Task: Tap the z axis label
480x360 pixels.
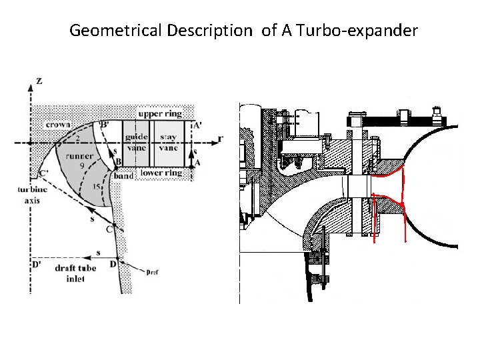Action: pyautogui.click(x=39, y=81)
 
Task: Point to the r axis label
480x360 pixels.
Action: pyautogui.click(x=220, y=139)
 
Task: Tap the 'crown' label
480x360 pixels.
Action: pyautogui.click(x=59, y=125)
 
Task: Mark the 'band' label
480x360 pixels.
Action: pyautogui.click(x=123, y=176)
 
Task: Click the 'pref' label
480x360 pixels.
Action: pyautogui.click(x=152, y=272)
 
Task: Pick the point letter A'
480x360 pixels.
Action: pyautogui.click(x=197, y=124)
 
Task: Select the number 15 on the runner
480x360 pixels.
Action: pyautogui.click(x=97, y=187)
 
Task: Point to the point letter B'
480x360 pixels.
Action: pyautogui.click(x=104, y=124)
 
